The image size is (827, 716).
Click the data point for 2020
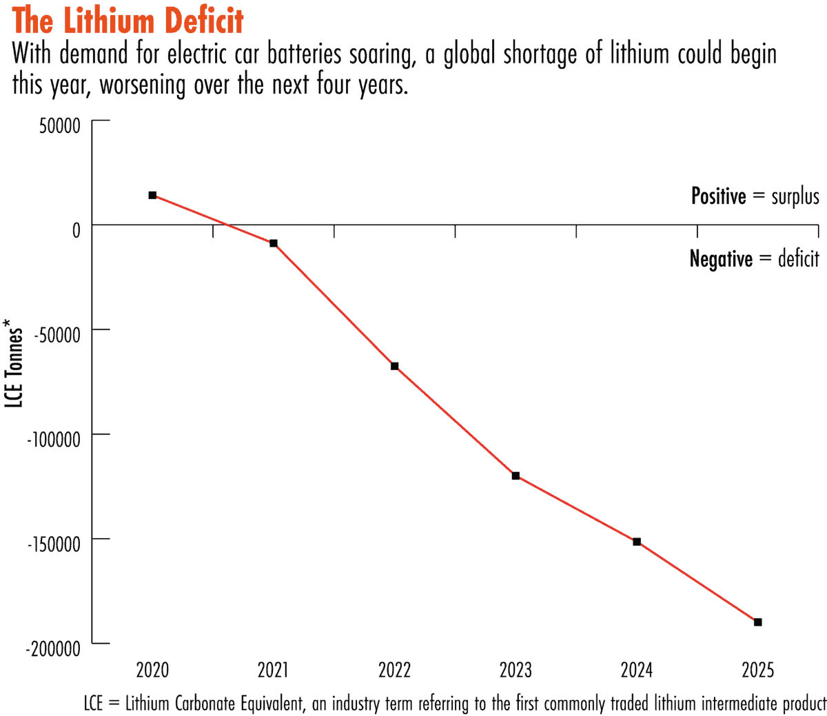click(x=152, y=195)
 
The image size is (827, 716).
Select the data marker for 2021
click(x=274, y=243)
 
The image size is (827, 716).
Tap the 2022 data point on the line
click(x=395, y=366)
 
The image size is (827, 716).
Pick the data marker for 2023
click(x=515, y=475)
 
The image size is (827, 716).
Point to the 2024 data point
click(x=637, y=542)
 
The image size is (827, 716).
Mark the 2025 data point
click(x=758, y=622)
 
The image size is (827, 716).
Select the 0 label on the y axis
click(x=76, y=230)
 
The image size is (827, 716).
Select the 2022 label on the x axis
click(x=395, y=669)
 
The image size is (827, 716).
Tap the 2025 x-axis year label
click(x=758, y=669)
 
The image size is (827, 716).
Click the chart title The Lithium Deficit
click(x=128, y=21)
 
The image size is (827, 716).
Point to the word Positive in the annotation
click(x=719, y=196)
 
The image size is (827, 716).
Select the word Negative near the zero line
click(x=721, y=259)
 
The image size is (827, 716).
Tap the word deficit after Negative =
click(x=798, y=259)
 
